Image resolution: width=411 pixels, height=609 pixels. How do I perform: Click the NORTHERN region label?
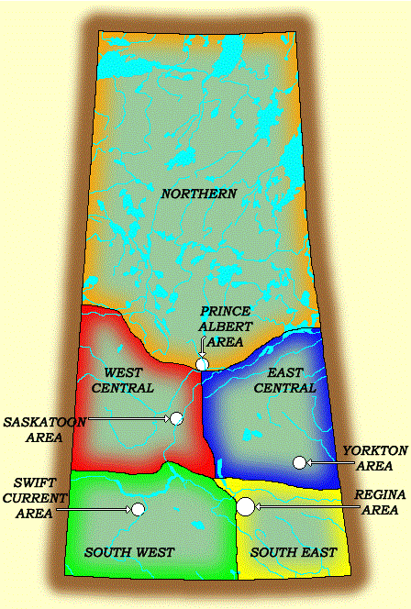pyautogui.click(x=199, y=194)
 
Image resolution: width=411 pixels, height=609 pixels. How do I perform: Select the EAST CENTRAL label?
pyautogui.click(x=290, y=381)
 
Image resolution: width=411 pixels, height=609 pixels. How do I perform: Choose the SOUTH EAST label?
pyautogui.click(x=293, y=552)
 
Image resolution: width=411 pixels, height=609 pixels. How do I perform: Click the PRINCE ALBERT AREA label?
pyautogui.click(x=226, y=326)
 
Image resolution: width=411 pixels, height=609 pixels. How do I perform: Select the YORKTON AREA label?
pyautogui.click(x=368, y=459)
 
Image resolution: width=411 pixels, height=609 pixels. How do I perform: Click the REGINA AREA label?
pyautogui.click(x=378, y=502)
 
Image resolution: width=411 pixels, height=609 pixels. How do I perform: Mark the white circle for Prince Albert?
pyautogui.click(x=202, y=364)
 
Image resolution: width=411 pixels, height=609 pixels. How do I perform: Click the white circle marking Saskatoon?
pyautogui.click(x=176, y=418)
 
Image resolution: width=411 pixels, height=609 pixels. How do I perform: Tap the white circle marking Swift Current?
pyautogui.click(x=138, y=508)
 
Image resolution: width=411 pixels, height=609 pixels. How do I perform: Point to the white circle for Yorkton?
pyautogui.click(x=298, y=462)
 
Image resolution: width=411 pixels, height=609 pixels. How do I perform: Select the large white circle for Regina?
pyautogui.click(x=245, y=505)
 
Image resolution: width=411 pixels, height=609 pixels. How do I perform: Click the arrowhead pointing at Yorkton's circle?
pyautogui.click(x=312, y=463)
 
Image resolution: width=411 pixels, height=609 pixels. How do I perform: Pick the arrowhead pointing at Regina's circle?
pyautogui.click(x=261, y=505)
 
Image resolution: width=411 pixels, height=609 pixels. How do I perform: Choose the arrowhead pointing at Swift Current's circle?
pyautogui.click(x=126, y=508)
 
